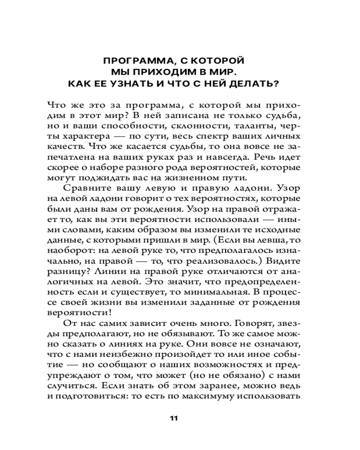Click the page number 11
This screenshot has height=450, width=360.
[174, 418]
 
